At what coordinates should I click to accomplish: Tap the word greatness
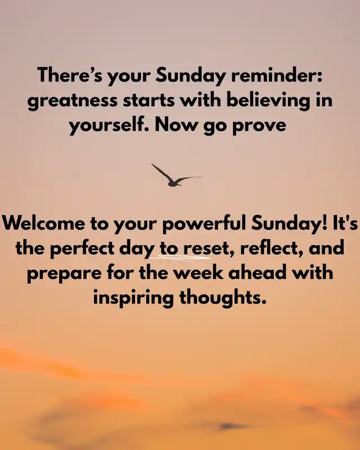[73, 101]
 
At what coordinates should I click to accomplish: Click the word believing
[268, 101]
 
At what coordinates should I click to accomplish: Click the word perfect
[82, 248]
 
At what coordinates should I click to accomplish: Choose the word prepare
[64, 274]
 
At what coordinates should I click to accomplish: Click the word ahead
[257, 272]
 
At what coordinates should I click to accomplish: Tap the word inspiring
[133, 299]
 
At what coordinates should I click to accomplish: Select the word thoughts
[222, 298]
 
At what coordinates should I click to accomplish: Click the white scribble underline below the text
[181, 258]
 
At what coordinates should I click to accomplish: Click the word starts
[148, 101]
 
